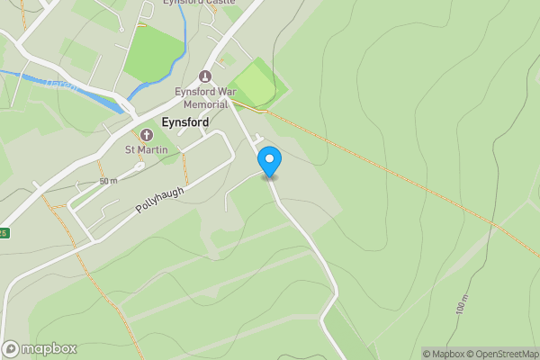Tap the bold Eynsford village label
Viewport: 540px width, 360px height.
tap(184, 122)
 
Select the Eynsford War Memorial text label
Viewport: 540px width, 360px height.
tap(207, 98)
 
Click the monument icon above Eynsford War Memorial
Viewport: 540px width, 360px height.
tap(205, 76)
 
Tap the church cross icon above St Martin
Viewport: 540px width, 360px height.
tap(147, 134)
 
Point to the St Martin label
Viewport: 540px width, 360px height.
tap(147, 149)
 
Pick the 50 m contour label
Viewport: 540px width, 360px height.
tap(109, 181)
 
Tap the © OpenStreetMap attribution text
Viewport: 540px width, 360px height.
tap(502, 354)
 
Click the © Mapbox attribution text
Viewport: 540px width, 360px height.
tap(443, 354)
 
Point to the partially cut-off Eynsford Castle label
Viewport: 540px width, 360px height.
tap(199, 3)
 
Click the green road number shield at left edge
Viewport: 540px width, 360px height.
tap(4, 233)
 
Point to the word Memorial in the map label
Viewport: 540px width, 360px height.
tap(207, 104)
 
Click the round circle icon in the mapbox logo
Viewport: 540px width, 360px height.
tap(11, 349)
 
